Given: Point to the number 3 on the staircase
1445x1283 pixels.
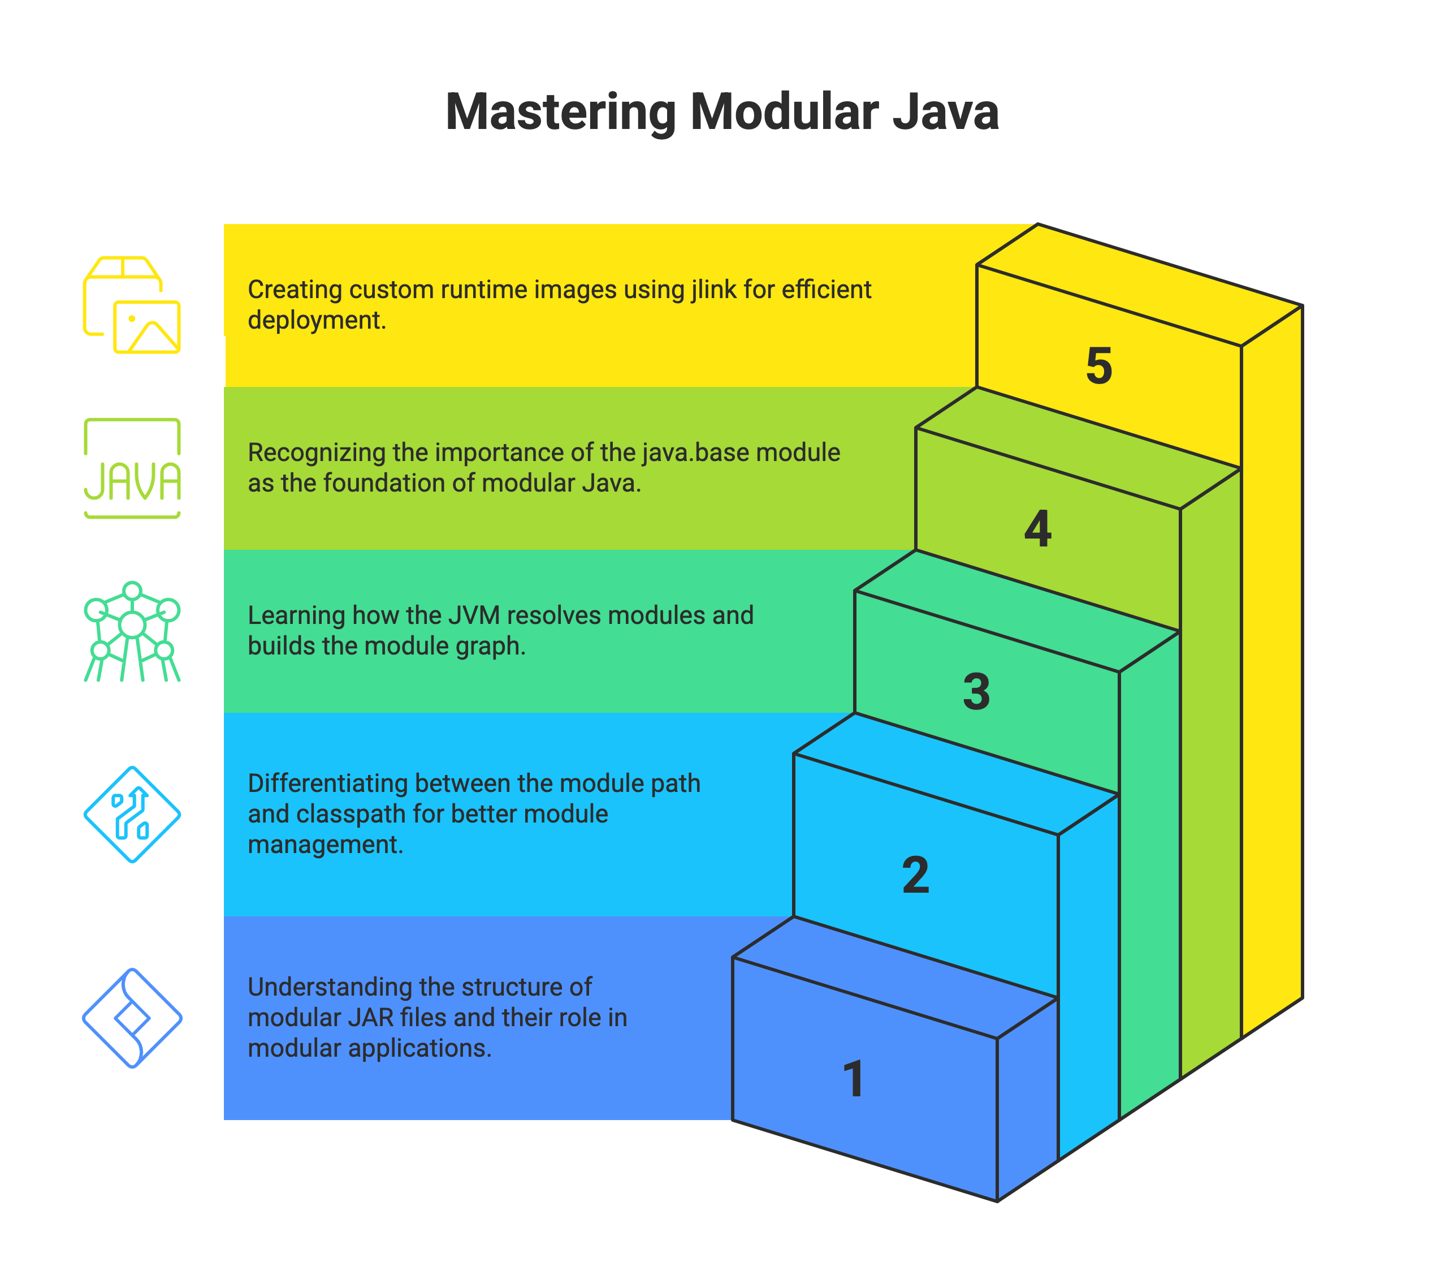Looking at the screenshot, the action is coord(976,691).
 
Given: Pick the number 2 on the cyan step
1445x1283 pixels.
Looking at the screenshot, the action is coord(915,875).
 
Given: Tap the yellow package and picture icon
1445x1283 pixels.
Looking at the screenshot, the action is coord(132,305).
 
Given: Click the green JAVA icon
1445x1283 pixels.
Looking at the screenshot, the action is coord(132,468).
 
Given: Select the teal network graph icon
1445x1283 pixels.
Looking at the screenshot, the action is coord(132,631).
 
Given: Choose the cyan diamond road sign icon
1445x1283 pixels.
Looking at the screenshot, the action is coord(132,815).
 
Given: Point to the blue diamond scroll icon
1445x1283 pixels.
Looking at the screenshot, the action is coord(132,1018).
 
